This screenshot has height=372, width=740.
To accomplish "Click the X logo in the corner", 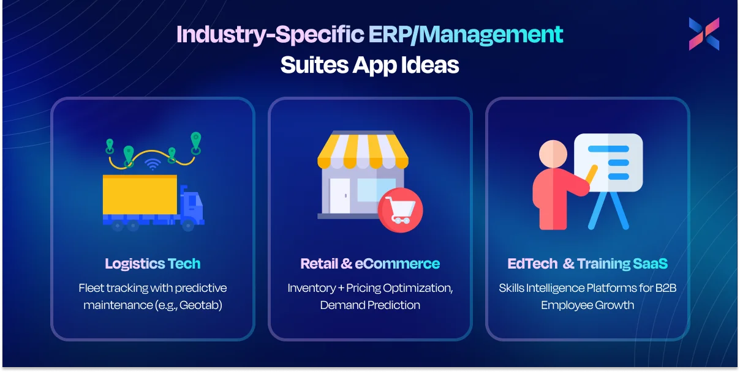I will [x=704, y=34].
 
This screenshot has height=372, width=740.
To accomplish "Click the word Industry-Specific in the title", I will [x=270, y=35].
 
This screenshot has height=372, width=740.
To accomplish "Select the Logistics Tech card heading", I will [x=153, y=264].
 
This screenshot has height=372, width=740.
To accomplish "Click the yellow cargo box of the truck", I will [x=140, y=195].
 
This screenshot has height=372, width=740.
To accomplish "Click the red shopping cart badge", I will [x=400, y=210].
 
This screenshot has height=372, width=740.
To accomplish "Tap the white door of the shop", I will [x=339, y=195].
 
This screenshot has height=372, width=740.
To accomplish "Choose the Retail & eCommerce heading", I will [x=370, y=264].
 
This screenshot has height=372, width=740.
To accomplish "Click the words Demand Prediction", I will [x=370, y=305].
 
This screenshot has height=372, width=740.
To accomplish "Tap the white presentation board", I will [x=608, y=162].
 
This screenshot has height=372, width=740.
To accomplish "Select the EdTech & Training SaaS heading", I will [x=587, y=264].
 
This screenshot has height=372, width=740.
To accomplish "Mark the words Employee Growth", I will [x=587, y=305].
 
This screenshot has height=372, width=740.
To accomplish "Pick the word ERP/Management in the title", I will [x=466, y=35].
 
